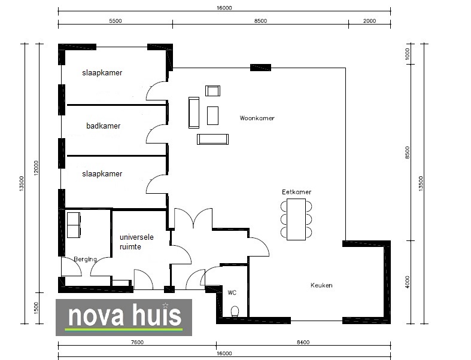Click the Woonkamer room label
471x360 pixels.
click(x=257, y=118)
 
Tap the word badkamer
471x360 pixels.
click(x=104, y=126)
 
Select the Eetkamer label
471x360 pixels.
click(x=296, y=192)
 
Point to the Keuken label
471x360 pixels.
click(x=321, y=285)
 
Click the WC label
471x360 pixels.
click(x=232, y=292)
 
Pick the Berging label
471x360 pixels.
click(x=86, y=259)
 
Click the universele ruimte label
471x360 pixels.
click(x=136, y=242)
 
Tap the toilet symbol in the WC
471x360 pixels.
click(x=235, y=312)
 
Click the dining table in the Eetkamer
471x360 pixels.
click(x=296, y=219)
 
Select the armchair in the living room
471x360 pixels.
click(x=212, y=91)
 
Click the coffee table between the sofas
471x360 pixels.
click(x=212, y=115)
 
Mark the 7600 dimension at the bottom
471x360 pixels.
click(x=137, y=342)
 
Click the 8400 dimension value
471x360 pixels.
click(x=303, y=342)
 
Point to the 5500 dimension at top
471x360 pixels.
click(x=116, y=21)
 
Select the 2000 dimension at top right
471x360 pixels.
click(x=369, y=21)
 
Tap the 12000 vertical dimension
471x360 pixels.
click(x=36, y=168)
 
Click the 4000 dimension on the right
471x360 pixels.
click(x=408, y=282)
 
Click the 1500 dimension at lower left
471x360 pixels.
click(x=36, y=308)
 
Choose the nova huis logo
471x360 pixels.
click(x=124, y=318)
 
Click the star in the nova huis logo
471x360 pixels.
click(x=165, y=306)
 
